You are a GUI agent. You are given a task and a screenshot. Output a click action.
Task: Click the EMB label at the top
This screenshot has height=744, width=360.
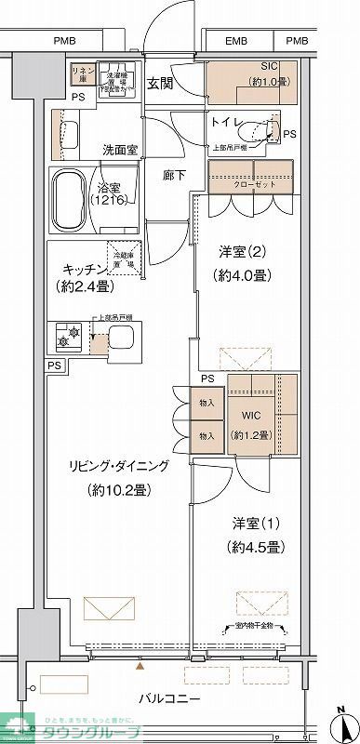click(236, 41)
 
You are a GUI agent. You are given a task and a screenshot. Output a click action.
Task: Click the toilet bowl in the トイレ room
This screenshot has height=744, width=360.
click(271, 130)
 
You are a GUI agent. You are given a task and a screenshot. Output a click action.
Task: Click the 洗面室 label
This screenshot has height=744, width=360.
click(121, 149)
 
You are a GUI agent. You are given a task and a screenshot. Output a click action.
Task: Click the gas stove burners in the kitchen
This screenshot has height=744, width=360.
click(70, 335)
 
